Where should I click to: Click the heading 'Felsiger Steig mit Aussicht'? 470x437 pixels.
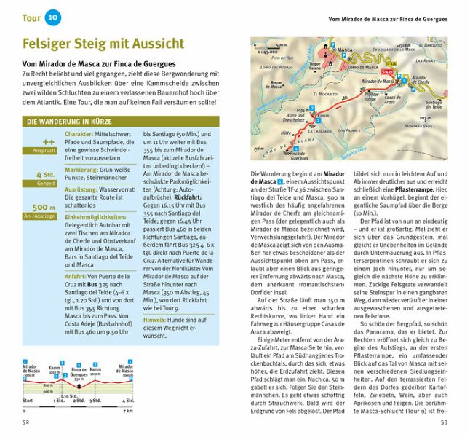tap(103, 44)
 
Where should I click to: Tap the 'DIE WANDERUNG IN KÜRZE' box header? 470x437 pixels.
tap(70, 122)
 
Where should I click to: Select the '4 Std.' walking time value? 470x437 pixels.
tap(45, 174)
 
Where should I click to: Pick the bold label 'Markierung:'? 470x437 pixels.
tap(81, 170)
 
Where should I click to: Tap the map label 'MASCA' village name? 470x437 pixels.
tap(346, 49)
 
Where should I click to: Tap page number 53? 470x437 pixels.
tap(443, 420)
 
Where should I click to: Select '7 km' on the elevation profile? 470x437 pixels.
tap(127, 410)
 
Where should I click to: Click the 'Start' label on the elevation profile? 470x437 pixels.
tap(28, 401)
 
